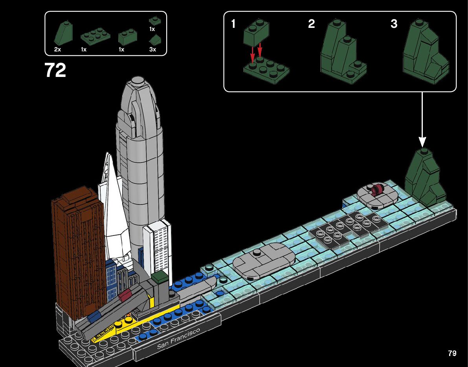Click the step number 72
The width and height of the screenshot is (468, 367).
tap(55, 71)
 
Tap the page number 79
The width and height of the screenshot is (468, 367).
tap(452, 353)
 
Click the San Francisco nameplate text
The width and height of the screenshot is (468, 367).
tap(178, 339)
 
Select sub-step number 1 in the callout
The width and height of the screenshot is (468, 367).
tap(233, 24)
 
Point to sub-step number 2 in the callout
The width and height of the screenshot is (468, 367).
tap(311, 24)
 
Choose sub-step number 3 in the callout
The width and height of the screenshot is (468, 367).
tap(394, 24)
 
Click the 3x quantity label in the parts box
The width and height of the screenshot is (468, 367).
tap(152, 49)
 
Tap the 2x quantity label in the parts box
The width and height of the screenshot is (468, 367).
tap(58, 49)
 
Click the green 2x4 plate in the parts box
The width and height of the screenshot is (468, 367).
tap(95, 37)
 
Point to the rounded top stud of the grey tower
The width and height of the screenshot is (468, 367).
tap(138, 81)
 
